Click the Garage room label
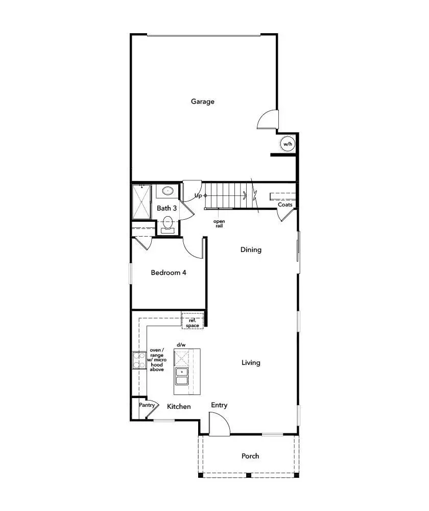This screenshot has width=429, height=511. (x=203, y=101)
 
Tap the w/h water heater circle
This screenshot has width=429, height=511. (x=288, y=144)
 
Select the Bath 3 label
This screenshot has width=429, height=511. (x=167, y=208)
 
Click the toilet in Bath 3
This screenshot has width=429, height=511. (x=168, y=224)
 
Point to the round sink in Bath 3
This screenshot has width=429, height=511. (x=168, y=191)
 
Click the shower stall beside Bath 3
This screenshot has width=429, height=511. (x=141, y=201)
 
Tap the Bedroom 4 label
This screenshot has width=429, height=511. (x=169, y=272)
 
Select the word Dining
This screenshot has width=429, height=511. (x=251, y=250)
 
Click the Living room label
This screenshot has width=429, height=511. (x=251, y=362)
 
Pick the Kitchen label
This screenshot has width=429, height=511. (x=179, y=406)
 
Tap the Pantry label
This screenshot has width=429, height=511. (x=147, y=405)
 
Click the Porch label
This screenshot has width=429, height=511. (x=250, y=456)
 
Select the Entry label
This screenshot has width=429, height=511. (x=219, y=405)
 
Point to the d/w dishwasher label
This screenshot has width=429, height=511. (x=181, y=345)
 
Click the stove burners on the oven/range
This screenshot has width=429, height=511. (x=138, y=361)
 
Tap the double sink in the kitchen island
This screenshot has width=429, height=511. (x=181, y=376)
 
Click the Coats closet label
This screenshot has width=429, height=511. (x=285, y=205)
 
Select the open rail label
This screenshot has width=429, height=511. (x=219, y=224)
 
